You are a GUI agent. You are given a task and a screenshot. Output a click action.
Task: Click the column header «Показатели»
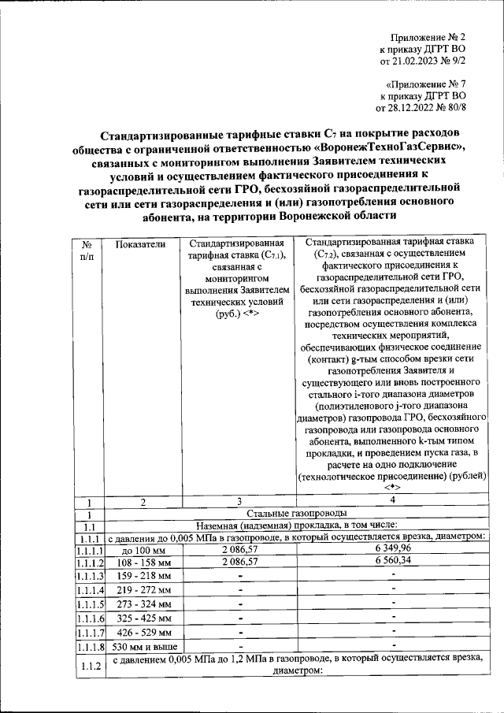pyautogui.click(x=141, y=244)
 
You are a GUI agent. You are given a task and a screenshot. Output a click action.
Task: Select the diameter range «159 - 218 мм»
pyautogui.click(x=141, y=576)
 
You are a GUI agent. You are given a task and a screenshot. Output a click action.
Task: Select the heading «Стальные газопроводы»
pyautogui.click(x=302, y=514)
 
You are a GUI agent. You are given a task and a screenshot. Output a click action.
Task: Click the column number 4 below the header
pyautogui.click(x=392, y=499)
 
